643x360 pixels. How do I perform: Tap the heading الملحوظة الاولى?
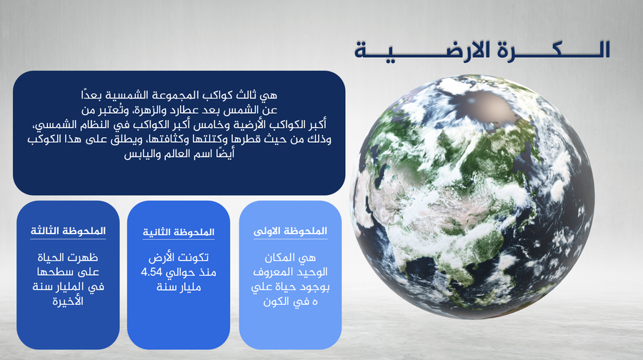[290, 231]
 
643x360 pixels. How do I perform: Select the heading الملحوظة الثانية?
[179, 232]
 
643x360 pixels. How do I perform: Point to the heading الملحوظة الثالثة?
[68, 231]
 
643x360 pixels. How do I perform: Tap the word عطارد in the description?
[196, 110]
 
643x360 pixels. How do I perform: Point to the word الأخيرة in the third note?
[68, 301]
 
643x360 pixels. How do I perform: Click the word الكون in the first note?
[274, 302]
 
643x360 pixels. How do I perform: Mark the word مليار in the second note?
[189, 287]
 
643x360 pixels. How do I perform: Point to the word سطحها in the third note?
[52, 272]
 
